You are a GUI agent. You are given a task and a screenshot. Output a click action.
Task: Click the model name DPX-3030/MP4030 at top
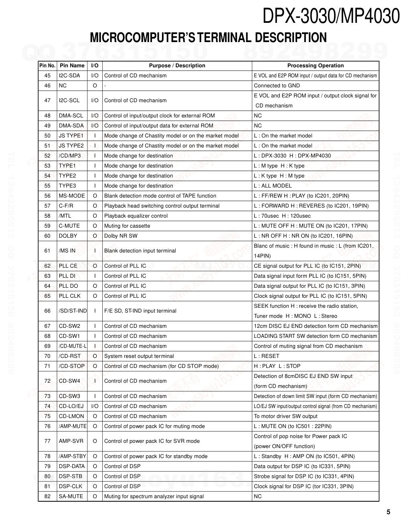[x=331, y=17]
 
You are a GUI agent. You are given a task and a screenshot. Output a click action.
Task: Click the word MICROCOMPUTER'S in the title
[x=142, y=38]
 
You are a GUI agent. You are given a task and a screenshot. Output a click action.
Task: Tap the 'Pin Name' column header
[x=72, y=66]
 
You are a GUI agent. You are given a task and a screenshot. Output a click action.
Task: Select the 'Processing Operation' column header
[x=315, y=66]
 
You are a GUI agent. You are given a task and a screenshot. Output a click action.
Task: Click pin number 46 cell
[x=47, y=86]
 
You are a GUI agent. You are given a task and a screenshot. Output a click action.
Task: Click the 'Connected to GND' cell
[x=277, y=86]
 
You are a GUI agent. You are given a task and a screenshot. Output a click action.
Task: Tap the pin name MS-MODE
[x=72, y=196]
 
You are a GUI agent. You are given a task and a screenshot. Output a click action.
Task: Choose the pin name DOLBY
[x=68, y=236]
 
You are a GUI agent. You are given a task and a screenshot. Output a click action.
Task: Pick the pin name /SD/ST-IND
[x=73, y=311]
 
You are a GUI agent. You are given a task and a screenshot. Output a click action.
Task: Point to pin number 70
[x=47, y=356]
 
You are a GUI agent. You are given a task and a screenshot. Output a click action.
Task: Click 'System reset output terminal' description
[x=139, y=356]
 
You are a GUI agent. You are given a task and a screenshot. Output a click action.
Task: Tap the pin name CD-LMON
[x=71, y=416]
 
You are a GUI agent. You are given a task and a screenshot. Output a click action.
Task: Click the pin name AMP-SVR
[x=71, y=441]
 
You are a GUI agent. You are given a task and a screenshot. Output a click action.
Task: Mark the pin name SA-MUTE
[x=71, y=497]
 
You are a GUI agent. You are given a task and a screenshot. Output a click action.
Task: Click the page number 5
[x=388, y=512]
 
